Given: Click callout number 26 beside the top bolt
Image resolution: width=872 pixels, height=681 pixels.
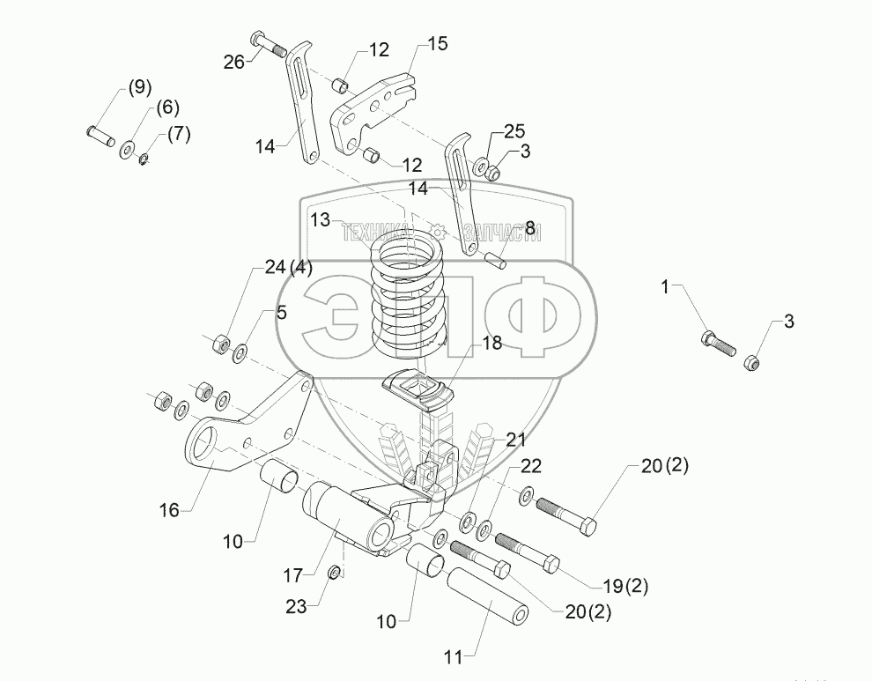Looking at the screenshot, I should click(233, 61).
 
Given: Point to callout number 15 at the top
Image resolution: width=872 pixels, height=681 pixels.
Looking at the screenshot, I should click(438, 43).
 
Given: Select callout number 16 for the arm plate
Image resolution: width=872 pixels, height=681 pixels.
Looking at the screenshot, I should click(168, 510).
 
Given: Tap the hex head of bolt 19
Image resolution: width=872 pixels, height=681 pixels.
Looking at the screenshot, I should click(551, 563).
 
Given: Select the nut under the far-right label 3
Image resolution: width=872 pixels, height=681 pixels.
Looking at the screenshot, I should click(752, 360).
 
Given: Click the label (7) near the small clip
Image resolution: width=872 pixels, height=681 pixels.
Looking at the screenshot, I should click(179, 134).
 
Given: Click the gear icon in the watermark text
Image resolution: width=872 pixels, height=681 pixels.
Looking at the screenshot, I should click(436, 232).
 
